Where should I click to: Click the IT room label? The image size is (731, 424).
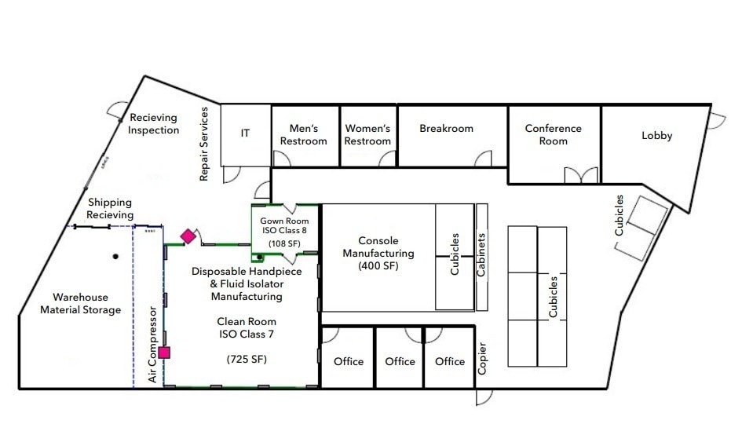pyautogui.click(x=245, y=133)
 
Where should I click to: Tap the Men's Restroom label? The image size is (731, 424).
pyautogui.click(x=304, y=135)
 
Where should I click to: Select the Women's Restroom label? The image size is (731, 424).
pyautogui.click(x=367, y=135)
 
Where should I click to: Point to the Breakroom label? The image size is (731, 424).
pyautogui.click(x=446, y=128)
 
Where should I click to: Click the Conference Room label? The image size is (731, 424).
pyautogui.click(x=553, y=135)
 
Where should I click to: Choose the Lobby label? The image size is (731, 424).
pyautogui.click(x=657, y=136)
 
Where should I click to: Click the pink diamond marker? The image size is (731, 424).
pyautogui.click(x=188, y=236)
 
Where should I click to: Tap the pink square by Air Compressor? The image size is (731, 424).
pyautogui.click(x=164, y=353)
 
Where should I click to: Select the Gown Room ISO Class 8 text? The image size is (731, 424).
pyautogui.click(x=284, y=226)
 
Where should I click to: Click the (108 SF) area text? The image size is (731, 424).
pyautogui.click(x=284, y=243)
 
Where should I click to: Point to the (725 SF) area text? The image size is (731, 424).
pyautogui.click(x=247, y=359)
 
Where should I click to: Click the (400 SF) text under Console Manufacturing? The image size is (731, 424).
pyautogui.click(x=378, y=266)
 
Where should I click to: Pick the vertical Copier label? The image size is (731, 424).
pyautogui.click(x=482, y=358)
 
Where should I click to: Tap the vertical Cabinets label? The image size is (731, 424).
pyautogui.click(x=481, y=254)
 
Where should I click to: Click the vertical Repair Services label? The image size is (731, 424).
pyautogui.click(x=203, y=144)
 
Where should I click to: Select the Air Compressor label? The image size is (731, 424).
pyautogui.click(x=152, y=344)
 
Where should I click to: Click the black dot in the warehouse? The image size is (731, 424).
pyautogui.click(x=115, y=256)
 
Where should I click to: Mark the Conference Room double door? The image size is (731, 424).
pyautogui.click(x=581, y=175)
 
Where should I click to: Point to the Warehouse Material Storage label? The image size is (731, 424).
pyautogui.click(x=80, y=304)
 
